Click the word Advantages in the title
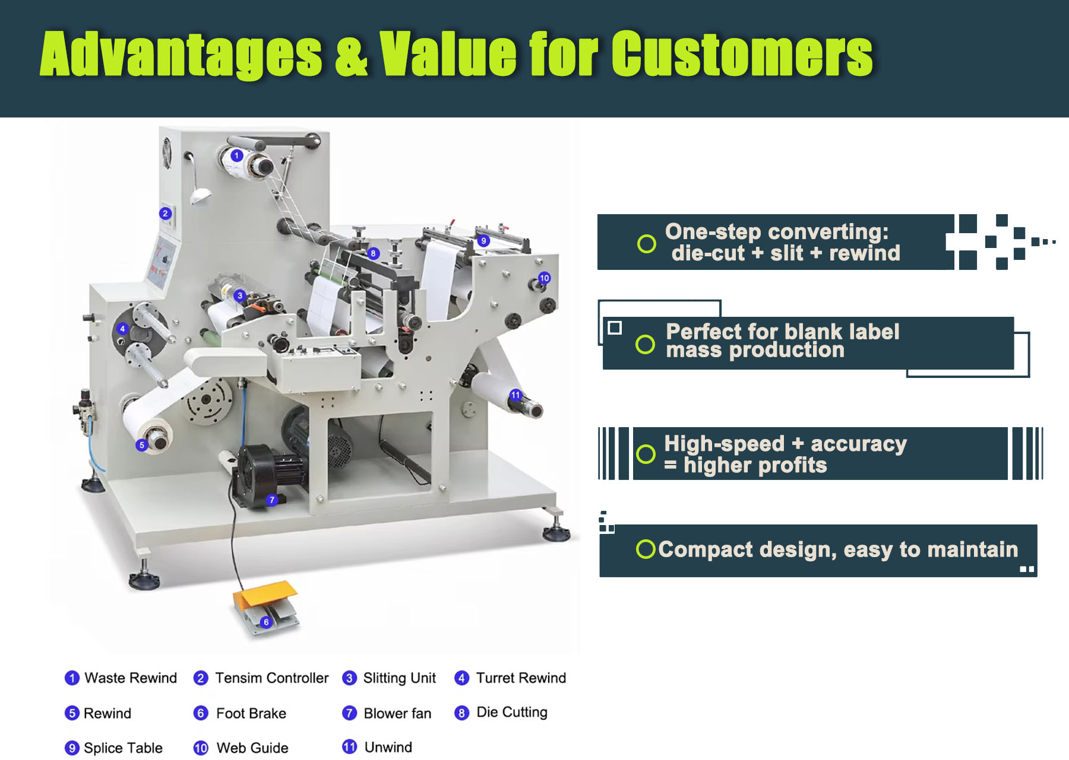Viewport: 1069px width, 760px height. tap(181, 55)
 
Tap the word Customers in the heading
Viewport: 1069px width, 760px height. tap(742, 53)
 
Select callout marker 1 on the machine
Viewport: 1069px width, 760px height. tap(237, 155)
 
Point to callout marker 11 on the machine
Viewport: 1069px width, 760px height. tap(515, 395)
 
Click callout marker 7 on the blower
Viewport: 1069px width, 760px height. tap(271, 500)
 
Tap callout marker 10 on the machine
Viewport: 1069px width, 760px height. tap(544, 278)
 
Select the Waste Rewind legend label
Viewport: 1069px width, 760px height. tap(131, 678)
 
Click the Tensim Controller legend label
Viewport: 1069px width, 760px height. tap(271, 678)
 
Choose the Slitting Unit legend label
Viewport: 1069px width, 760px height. tap(399, 678)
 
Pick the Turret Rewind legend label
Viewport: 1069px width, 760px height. tap(521, 678)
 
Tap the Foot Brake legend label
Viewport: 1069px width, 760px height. tap(251, 713)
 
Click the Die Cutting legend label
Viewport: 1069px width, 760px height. tap(512, 713)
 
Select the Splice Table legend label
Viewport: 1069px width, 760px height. tap(123, 748)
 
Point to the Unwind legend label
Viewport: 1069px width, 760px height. tap(388, 747)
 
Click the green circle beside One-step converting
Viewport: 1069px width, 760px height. tap(646, 243)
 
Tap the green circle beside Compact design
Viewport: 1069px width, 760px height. tap(646, 549)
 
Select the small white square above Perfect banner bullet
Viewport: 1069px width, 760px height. tap(615, 327)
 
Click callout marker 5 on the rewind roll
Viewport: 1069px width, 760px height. tap(141, 445)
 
